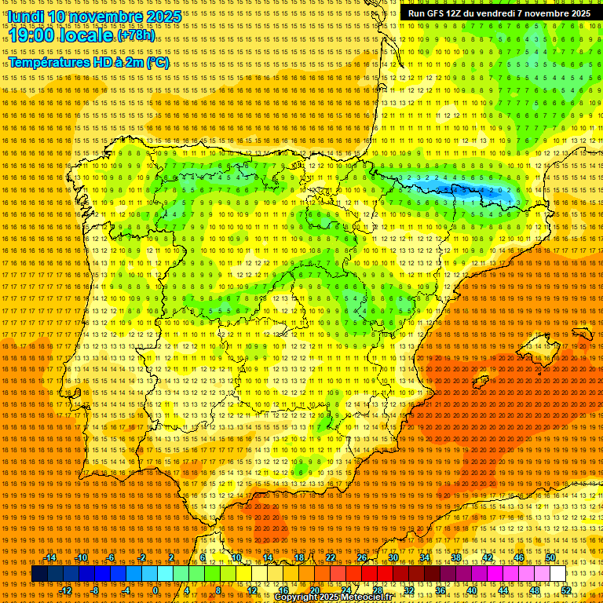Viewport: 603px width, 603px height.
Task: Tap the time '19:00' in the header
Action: [32, 36]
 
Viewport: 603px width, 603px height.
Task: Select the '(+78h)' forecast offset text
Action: [137, 36]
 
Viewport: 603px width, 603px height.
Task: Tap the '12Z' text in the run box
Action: [461, 13]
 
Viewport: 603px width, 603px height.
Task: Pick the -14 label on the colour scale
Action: [51, 557]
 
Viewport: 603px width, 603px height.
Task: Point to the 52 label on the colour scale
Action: [566, 590]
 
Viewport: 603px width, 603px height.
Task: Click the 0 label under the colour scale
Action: [155, 590]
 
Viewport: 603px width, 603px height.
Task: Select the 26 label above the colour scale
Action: [361, 557]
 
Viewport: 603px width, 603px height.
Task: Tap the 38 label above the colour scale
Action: [455, 557]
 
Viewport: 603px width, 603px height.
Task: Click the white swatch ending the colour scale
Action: [557, 574]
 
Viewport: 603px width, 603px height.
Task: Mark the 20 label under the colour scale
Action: [314, 590]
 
